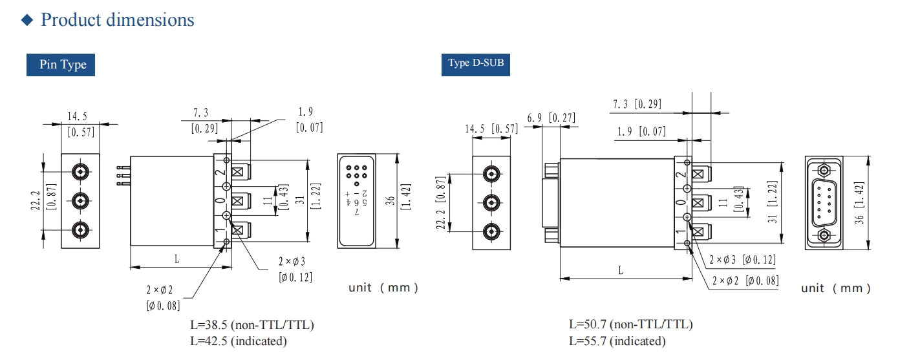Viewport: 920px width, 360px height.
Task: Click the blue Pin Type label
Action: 61,65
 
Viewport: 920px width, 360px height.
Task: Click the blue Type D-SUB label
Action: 475,63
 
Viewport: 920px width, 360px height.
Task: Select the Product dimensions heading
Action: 117,19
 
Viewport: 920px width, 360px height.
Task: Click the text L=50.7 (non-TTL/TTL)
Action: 631,324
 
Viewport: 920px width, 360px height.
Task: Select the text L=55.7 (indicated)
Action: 617,341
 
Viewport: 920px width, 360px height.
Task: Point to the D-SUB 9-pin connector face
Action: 824,202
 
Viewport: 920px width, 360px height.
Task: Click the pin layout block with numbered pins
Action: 356,200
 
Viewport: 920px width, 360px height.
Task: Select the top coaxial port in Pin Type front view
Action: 80,172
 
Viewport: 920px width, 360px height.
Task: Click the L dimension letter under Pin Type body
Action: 177,259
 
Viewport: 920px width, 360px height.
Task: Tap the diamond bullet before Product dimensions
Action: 27,20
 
